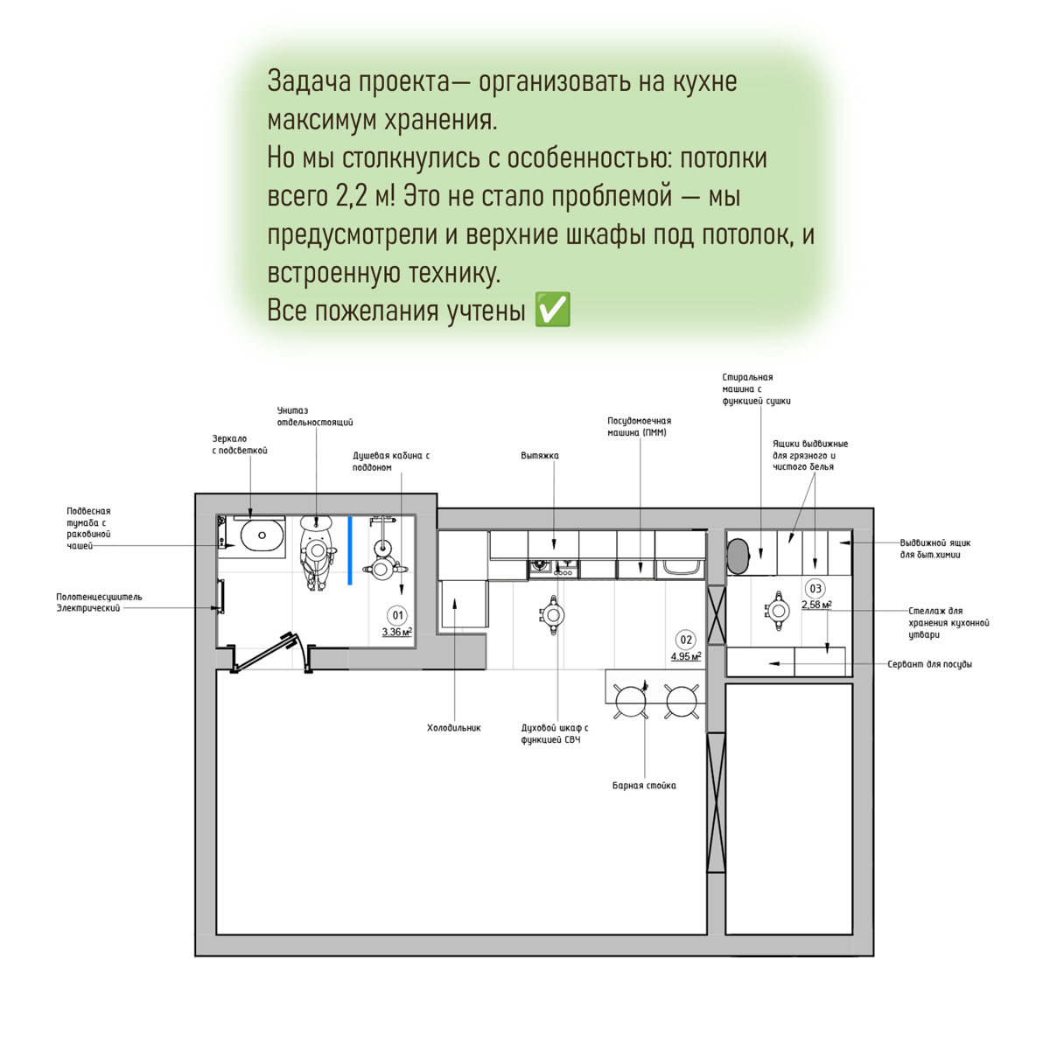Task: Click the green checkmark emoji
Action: [x=552, y=310]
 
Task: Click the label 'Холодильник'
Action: [x=453, y=728]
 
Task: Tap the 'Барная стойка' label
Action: [x=644, y=786]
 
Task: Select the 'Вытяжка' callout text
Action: [x=539, y=456]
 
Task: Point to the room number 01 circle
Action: [x=397, y=615]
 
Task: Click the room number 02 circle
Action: [x=686, y=640]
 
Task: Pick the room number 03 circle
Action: [x=815, y=589]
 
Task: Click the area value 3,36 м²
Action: [x=396, y=632]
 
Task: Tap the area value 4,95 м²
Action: [x=686, y=656]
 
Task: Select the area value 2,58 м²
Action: [x=815, y=605]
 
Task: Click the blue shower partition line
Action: [x=350, y=549]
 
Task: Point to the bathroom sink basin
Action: [x=262, y=535]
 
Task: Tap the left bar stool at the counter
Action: [x=631, y=700]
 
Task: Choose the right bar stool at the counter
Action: [x=681, y=700]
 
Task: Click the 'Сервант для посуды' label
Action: [x=929, y=664]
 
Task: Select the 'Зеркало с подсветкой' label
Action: [x=239, y=444]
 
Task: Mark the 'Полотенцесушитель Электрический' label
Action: [x=98, y=602]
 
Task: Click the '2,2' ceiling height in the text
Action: [x=352, y=195]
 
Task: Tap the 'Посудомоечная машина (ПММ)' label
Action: [x=639, y=426]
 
